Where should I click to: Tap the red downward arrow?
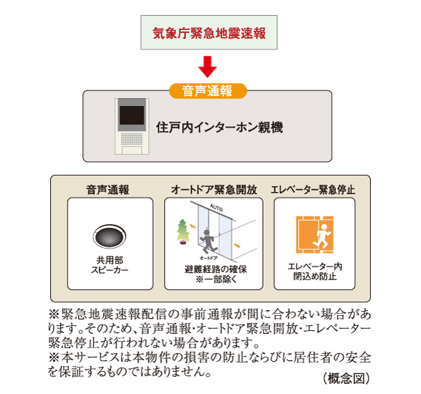coord(207,67)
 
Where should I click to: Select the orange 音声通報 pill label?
coord(208,91)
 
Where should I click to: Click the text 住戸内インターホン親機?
coord(219,128)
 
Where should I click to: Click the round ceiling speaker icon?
coord(110,236)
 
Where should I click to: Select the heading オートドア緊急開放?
coord(213,190)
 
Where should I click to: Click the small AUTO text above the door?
coord(216,207)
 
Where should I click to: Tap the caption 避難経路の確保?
coord(213,269)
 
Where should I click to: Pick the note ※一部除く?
coord(213,279)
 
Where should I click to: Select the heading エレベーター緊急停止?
coord(314,190)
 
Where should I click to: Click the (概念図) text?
coord(346,377)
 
